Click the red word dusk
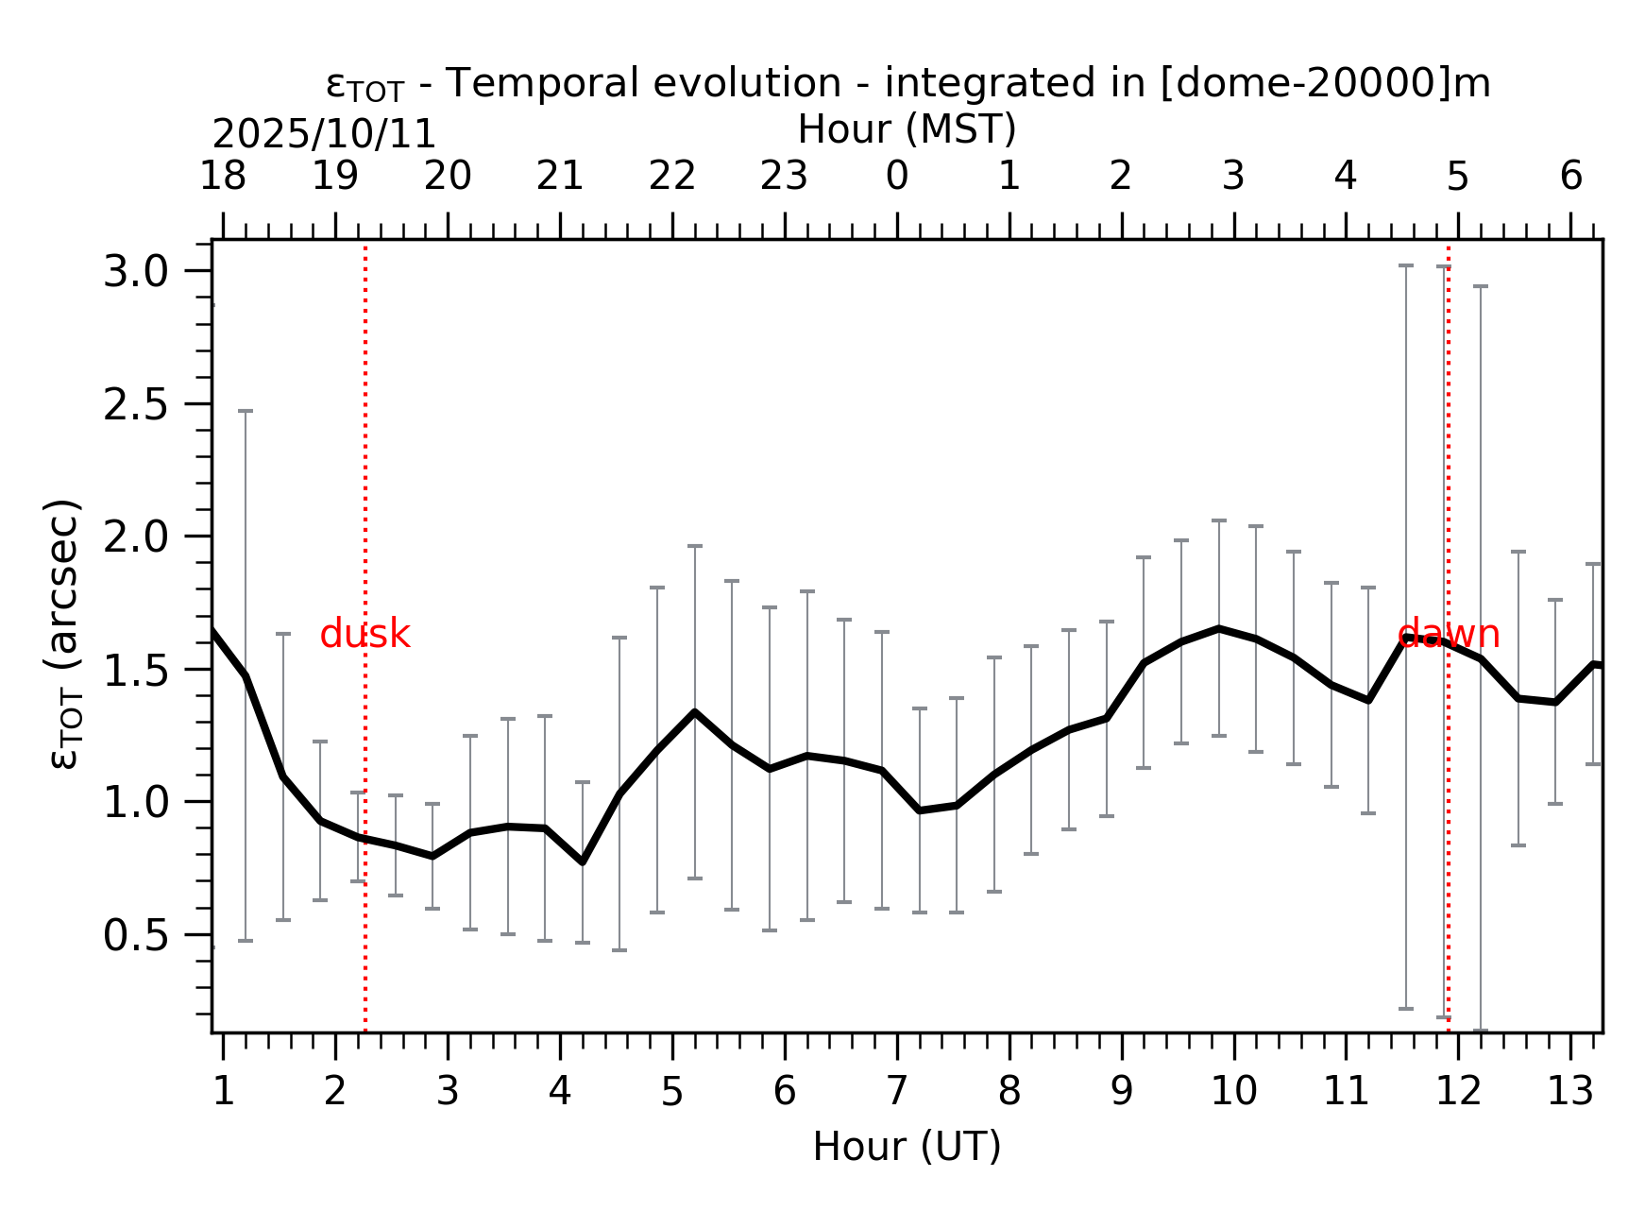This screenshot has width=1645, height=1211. point(365,635)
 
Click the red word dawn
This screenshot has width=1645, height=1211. point(1448,634)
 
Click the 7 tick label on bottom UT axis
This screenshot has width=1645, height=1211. point(896,1092)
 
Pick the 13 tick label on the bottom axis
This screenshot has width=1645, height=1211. point(1569,1092)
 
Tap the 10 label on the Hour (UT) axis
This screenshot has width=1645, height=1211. point(1233,1092)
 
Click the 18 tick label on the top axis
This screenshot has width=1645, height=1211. point(223,177)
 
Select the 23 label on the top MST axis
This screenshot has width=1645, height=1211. point(784,177)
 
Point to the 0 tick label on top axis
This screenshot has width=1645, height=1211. point(896,177)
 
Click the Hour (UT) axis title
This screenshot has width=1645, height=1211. point(907,1147)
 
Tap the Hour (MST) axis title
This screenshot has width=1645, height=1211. point(907,130)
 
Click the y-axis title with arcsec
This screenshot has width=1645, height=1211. point(64,633)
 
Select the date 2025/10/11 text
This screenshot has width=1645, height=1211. point(324,135)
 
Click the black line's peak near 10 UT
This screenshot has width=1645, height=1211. point(1219,628)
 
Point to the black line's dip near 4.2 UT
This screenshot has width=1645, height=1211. point(583,861)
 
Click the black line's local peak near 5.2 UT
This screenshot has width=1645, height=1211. point(694,712)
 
